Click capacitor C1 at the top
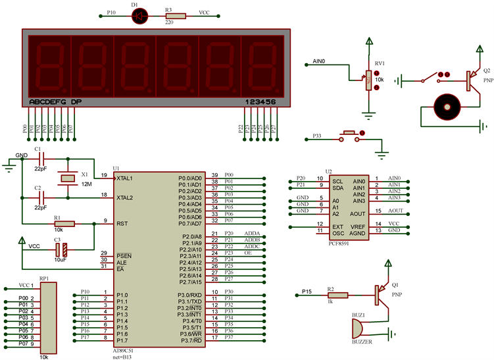point(41,159)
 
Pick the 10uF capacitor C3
point(61,249)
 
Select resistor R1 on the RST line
point(64,224)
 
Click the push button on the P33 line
point(347,136)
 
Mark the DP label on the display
point(76,102)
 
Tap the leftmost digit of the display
point(49,64)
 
